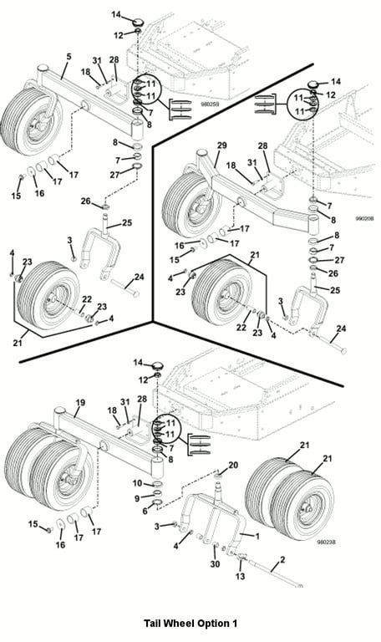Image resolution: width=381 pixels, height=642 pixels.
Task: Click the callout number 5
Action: [69, 57]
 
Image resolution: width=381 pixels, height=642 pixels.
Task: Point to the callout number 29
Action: [221, 145]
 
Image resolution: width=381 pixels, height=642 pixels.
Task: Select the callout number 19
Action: [80, 402]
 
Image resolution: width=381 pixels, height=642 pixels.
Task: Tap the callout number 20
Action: [233, 465]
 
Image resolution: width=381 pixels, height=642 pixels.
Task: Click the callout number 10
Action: [138, 483]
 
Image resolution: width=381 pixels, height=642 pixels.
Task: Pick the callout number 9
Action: [137, 498]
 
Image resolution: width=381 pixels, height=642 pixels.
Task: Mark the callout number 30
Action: [215, 563]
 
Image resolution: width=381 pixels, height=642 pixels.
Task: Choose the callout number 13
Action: [241, 576]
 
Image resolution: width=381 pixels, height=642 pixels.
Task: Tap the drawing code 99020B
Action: [364, 219]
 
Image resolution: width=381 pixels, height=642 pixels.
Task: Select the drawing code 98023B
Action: [327, 542]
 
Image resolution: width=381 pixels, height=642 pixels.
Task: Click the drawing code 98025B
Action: [210, 104]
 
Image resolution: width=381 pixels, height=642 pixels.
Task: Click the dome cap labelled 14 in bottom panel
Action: [158, 364]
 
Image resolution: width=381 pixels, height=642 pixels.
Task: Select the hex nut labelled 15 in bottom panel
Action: [49, 530]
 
